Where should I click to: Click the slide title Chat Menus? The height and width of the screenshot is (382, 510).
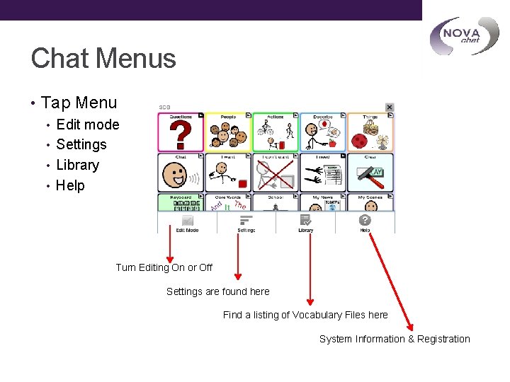click(x=103, y=58)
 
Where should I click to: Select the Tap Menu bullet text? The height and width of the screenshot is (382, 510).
click(x=79, y=103)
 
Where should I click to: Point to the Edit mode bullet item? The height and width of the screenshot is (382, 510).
click(x=87, y=125)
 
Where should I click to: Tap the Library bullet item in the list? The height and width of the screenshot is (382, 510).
click(x=77, y=165)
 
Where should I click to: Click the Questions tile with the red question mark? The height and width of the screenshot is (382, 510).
click(x=181, y=132)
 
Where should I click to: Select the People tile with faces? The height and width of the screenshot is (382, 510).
click(x=228, y=132)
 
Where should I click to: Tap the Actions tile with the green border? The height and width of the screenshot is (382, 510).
click(x=276, y=132)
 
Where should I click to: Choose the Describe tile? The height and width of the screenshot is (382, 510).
click(x=323, y=132)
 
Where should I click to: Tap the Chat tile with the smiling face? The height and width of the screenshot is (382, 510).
click(x=181, y=172)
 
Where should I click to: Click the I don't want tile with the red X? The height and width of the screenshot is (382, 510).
click(x=276, y=172)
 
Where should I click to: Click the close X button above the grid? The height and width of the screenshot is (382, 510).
click(x=389, y=107)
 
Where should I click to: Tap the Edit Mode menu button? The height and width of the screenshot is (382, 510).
click(x=187, y=224)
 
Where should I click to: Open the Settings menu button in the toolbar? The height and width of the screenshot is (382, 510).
click(x=246, y=224)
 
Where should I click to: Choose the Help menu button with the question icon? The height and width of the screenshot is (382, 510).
click(x=365, y=224)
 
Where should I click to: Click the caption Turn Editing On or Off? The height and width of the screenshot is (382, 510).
click(x=164, y=267)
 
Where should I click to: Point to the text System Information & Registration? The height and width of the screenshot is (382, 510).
click(x=395, y=339)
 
